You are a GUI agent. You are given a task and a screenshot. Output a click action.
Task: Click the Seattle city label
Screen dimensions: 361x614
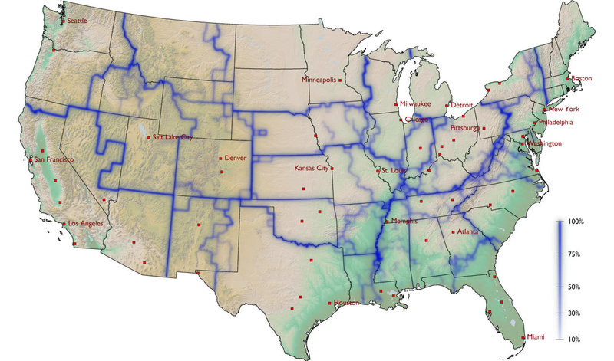click(x=78, y=21)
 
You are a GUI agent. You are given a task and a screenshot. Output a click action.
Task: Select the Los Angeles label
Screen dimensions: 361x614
click(x=86, y=224)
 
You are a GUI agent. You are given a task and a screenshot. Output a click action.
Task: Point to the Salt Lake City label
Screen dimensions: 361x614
click(x=173, y=137)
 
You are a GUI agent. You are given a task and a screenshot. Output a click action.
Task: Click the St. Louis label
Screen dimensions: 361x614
click(x=395, y=171)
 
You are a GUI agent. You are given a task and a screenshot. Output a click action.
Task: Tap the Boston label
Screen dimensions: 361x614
click(x=583, y=78)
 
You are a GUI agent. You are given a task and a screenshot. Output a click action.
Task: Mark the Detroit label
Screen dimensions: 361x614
click(x=462, y=105)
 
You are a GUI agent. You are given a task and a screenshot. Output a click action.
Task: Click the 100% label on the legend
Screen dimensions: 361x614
click(x=576, y=221)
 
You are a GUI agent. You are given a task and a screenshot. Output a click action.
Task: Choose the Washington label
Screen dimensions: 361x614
click(x=544, y=143)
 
